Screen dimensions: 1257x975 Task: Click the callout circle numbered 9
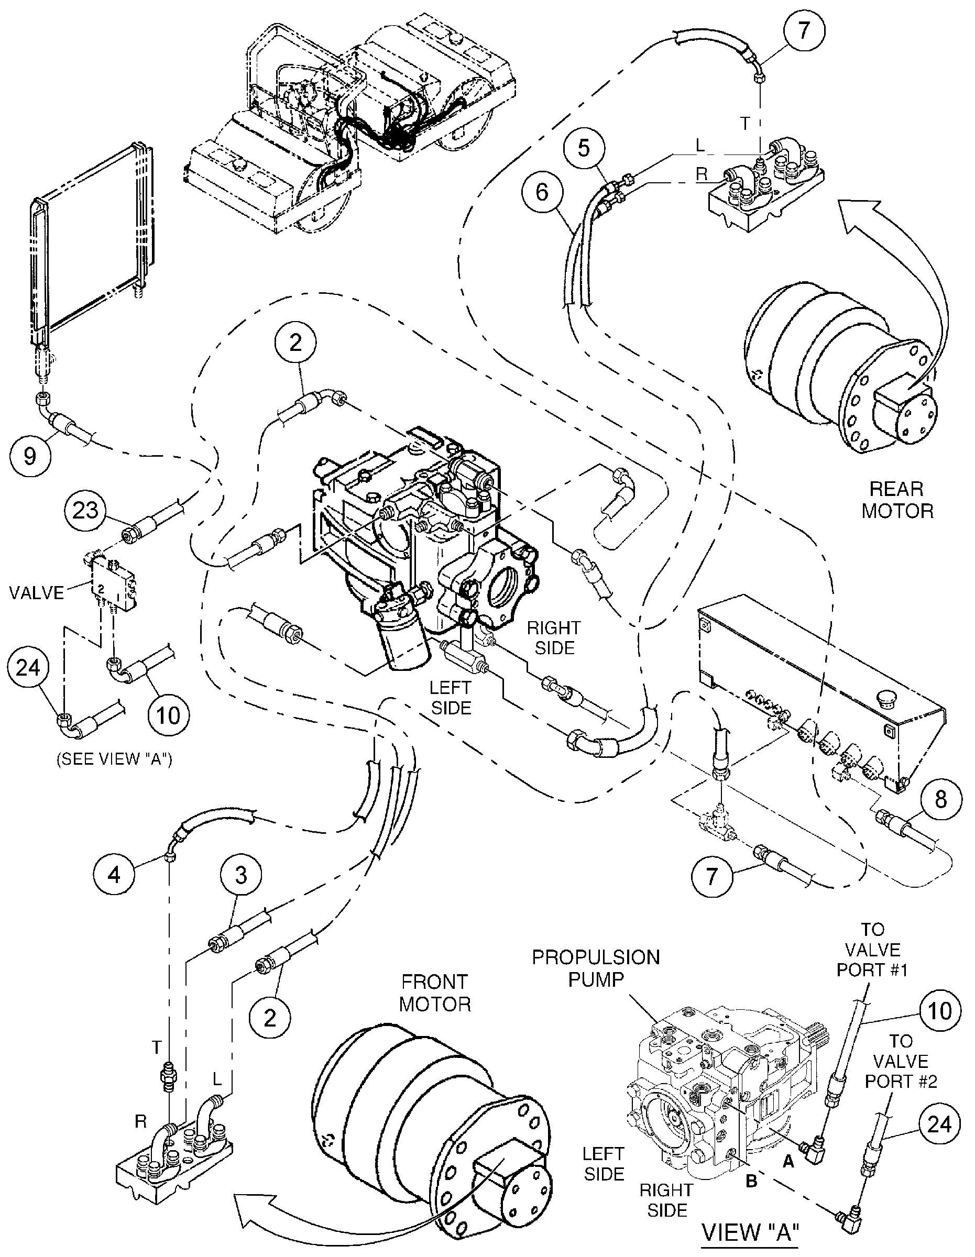30,456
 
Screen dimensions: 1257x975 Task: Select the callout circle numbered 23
85,510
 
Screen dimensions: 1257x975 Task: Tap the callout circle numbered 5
584,149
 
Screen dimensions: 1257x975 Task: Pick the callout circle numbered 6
542,192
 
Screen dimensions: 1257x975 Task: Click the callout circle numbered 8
940,799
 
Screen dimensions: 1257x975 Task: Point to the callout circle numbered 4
114,874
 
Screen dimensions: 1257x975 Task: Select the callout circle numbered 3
240,875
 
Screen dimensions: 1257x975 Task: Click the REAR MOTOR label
897,500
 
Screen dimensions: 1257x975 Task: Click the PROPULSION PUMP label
596,968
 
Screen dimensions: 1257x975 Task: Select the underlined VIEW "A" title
751,1232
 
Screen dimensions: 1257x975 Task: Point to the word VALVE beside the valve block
37,592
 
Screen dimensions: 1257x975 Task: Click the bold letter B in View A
751,1182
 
